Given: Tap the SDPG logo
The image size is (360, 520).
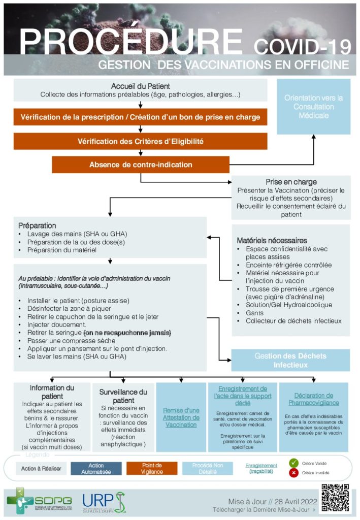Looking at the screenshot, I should tap(39, 501).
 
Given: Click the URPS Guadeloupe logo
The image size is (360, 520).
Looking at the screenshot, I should tap(104, 501).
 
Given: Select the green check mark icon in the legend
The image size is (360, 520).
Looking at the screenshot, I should tap(293, 463).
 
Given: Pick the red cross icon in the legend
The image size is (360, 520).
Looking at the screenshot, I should tap(293, 473).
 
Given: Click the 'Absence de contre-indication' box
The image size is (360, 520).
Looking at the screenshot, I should tap(141, 165).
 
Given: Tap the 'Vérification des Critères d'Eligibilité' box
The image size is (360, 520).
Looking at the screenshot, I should tap(141, 141).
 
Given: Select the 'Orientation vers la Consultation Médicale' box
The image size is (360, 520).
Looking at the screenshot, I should tap(313, 107).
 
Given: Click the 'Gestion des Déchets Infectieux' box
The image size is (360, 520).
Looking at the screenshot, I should tap(291, 360).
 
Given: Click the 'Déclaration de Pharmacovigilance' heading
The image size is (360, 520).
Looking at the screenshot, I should tap(313, 399).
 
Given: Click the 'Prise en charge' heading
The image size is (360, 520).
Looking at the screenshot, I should tap(291, 182).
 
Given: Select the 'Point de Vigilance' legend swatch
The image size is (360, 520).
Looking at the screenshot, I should tap(152, 468).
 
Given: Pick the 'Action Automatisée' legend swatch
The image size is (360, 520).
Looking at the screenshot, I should tap(96, 468).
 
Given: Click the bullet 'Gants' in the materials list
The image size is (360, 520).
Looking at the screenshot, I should tap(255, 313).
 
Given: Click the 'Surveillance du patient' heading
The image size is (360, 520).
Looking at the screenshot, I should tap(123, 396).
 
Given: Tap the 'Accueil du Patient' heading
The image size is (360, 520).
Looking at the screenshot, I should tap(141, 86).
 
